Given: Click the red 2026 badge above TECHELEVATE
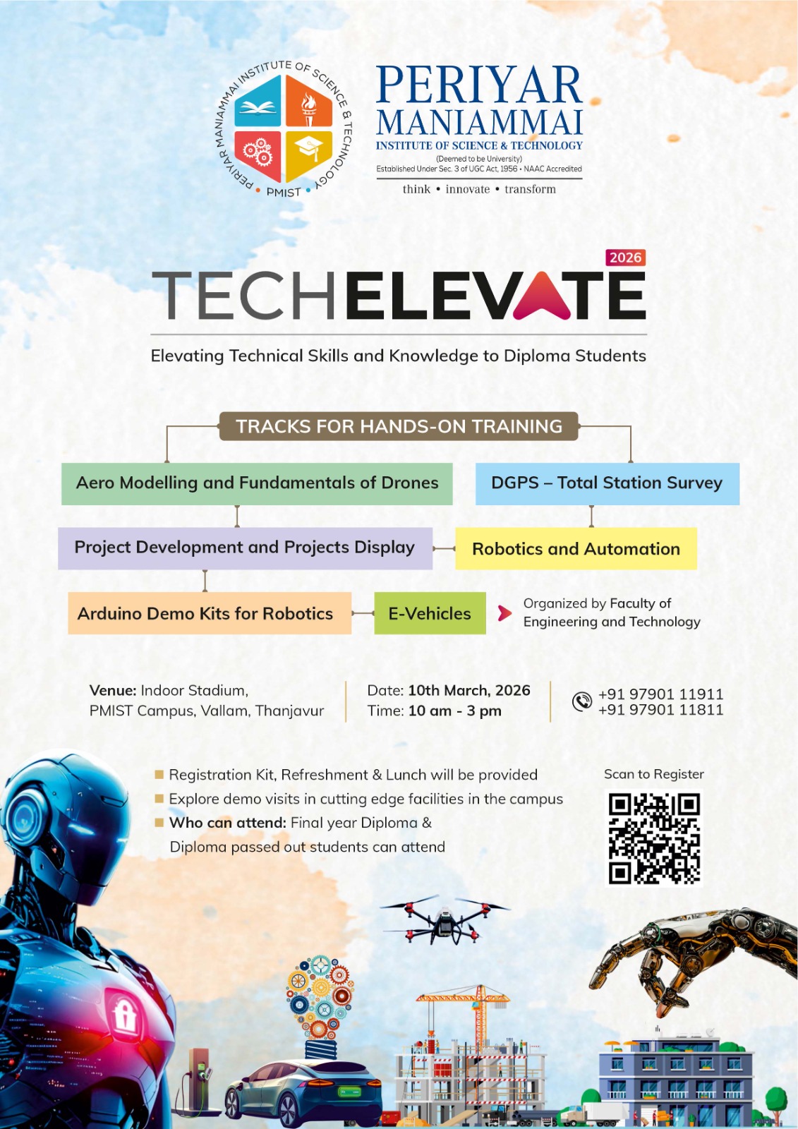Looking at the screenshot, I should pyautogui.click(x=625, y=258).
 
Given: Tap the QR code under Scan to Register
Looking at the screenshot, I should pyautogui.click(x=654, y=838).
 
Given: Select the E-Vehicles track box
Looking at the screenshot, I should pyautogui.click(x=430, y=613).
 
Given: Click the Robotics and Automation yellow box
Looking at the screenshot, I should pyautogui.click(x=576, y=549).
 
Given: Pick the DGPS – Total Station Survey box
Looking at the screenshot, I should pyautogui.click(x=607, y=483).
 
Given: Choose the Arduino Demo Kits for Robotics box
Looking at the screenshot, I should pyautogui.click(x=209, y=613).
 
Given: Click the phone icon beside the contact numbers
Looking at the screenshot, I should pyautogui.click(x=581, y=701).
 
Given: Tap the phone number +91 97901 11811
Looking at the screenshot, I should pyautogui.click(x=660, y=710).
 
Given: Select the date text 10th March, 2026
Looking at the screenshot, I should pyautogui.click(x=468, y=690).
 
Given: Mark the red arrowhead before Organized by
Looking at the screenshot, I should pyautogui.click(x=504, y=612).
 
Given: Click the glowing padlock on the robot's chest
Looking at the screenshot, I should pyautogui.click(x=125, y=1016).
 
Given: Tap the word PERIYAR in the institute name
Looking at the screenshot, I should pyautogui.click(x=479, y=85).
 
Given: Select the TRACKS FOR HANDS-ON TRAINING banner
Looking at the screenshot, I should pyautogui.click(x=399, y=426).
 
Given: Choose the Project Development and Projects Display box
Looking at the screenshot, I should pyautogui.click(x=245, y=548).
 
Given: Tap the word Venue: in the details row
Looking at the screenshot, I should pyautogui.click(x=113, y=690).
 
